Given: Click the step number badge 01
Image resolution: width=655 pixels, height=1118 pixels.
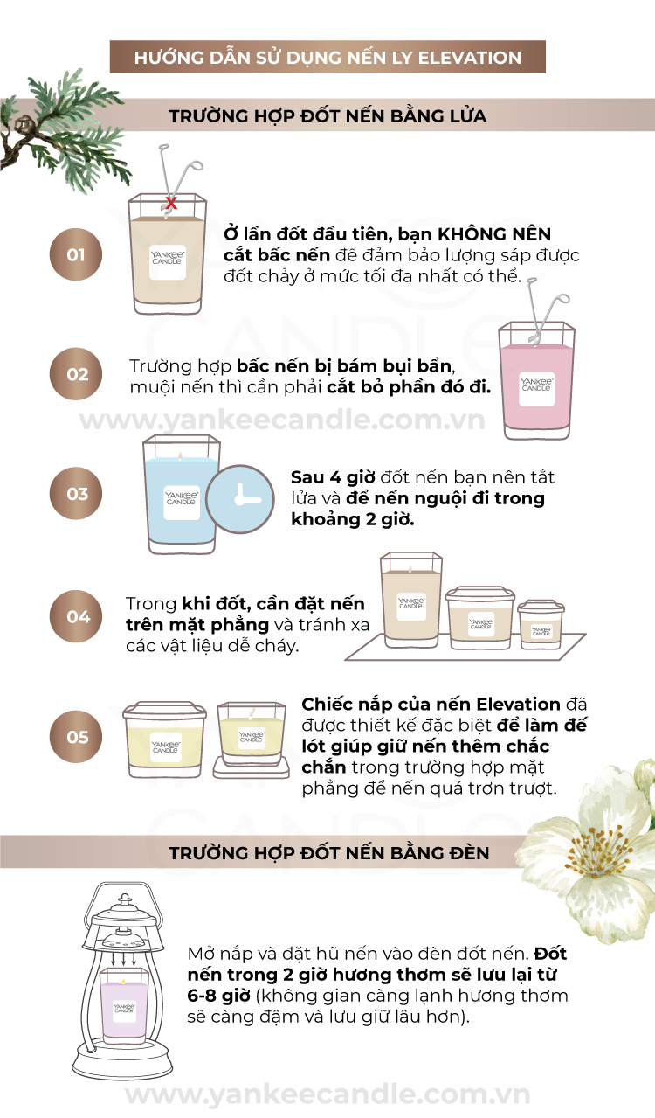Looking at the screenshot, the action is click(x=76, y=254).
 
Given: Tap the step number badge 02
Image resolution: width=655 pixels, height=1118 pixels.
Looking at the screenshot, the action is click(x=76, y=374).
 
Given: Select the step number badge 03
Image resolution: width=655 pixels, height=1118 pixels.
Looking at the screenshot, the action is click(x=76, y=493).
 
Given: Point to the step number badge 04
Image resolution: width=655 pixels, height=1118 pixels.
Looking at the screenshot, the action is click(x=76, y=616).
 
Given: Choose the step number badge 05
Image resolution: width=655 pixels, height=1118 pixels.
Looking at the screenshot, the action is click(x=76, y=737).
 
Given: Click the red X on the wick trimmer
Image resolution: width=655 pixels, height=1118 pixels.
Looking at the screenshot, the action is click(x=171, y=203).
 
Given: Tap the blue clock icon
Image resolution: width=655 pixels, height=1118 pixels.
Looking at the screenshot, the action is click(x=240, y=500).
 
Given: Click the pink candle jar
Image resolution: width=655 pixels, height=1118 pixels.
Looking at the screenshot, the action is click(x=536, y=381).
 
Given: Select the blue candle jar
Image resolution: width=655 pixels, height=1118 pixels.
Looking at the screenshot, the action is click(x=182, y=494).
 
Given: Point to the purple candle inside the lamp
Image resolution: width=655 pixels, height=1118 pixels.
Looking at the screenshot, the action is click(x=124, y=1009).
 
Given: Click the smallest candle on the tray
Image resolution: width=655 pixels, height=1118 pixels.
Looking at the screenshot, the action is click(x=541, y=625).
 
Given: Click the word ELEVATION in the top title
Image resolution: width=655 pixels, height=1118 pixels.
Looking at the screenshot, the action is click(x=470, y=58).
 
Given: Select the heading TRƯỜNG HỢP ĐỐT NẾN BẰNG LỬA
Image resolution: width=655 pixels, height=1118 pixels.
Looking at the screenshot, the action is click(x=327, y=115).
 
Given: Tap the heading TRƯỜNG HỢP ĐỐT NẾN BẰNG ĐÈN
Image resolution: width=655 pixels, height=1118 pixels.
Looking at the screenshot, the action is click(x=329, y=853).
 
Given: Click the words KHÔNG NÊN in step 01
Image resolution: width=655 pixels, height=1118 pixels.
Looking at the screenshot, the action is click(x=494, y=233).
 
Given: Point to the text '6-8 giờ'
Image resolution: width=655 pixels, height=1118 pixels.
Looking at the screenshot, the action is click(x=218, y=996).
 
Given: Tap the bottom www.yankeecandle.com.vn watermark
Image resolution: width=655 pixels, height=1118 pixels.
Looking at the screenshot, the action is click(x=327, y=1094).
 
